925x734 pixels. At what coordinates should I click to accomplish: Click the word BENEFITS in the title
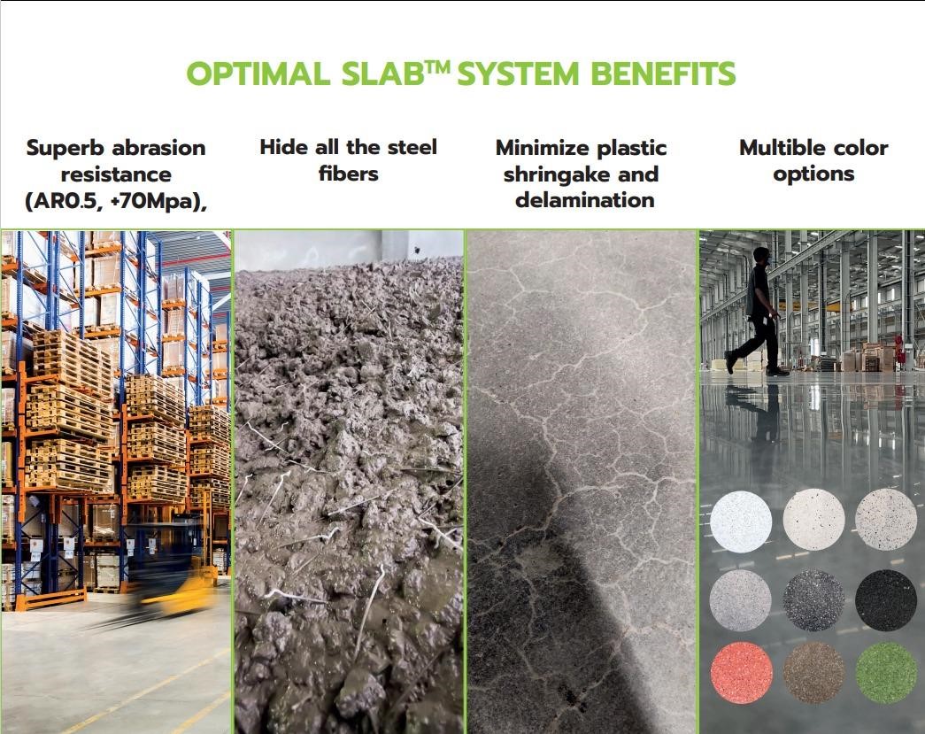tap(663, 73)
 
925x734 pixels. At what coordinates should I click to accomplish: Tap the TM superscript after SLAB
tap(439, 66)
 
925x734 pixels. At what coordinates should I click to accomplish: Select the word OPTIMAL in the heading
tap(258, 73)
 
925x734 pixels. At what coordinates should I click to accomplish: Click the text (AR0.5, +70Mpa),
tap(116, 201)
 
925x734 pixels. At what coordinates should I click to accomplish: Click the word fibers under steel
tap(348, 174)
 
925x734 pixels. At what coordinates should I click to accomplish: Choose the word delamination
tap(584, 200)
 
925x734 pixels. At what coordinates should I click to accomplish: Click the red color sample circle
tap(741, 673)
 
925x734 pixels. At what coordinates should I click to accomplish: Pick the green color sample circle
tap(886, 673)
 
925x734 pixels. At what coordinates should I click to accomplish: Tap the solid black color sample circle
tap(886, 600)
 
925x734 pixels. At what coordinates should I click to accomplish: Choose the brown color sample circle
tap(813, 673)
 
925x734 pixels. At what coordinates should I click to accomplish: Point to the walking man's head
tap(761, 256)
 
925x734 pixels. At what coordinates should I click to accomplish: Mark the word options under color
tap(813, 174)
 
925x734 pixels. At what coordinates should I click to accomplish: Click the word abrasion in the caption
tap(158, 148)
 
